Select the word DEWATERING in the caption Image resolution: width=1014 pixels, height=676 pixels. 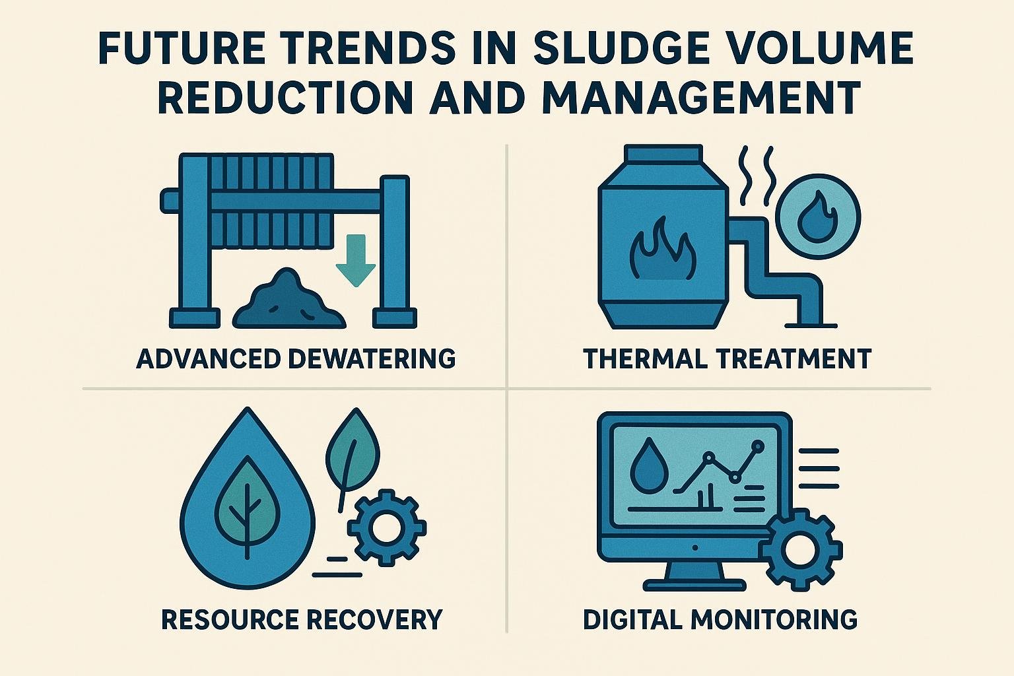click(x=372, y=358)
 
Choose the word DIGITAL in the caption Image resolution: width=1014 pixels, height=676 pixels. click(x=634, y=619)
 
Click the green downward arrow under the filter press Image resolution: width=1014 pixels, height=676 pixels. click(x=356, y=261)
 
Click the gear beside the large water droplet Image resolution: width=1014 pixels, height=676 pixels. click(x=387, y=527)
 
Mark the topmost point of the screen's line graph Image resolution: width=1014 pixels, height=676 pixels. click(x=757, y=447)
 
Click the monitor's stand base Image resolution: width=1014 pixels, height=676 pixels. click(x=695, y=585)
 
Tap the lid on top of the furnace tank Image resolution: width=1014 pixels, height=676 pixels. click(x=663, y=152)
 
